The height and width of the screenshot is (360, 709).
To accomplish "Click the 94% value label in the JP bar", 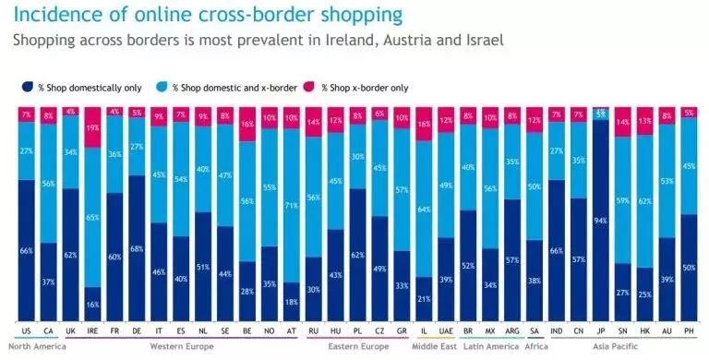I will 601,221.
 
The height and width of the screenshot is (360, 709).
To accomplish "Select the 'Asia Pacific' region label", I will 626,346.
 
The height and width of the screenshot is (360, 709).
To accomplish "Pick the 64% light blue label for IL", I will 424,209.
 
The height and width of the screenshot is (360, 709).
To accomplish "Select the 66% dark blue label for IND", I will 557,249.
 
